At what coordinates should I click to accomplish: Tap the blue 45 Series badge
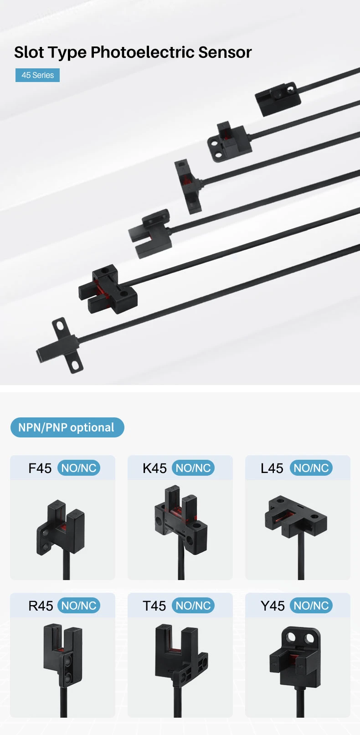pyautogui.click(x=37, y=75)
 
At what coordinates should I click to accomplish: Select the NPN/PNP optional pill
pyautogui.click(x=67, y=427)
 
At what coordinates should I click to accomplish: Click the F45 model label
pyautogui.click(x=40, y=468)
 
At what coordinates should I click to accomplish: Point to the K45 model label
pyautogui.click(x=154, y=468)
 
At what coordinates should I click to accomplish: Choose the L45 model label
pyautogui.click(x=272, y=468)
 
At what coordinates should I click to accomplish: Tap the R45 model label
pyautogui.click(x=41, y=606)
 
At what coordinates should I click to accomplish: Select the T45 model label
pyautogui.click(x=154, y=606)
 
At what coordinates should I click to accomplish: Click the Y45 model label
pyautogui.click(x=273, y=606)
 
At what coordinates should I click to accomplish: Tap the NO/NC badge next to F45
pyautogui.click(x=79, y=468)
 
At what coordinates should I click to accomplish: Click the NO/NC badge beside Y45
pyautogui.click(x=311, y=606)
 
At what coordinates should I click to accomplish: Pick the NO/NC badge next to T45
pyautogui.click(x=193, y=606)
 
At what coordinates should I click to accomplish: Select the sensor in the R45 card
pyautogui.click(x=63, y=653)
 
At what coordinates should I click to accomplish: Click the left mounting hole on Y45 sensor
pyautogui.click(x=291, y=638)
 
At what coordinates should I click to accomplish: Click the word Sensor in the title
pyautogui.click(x=225, y=52)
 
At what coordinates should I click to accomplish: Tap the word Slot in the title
pyautogui.click(x=29, y=52)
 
